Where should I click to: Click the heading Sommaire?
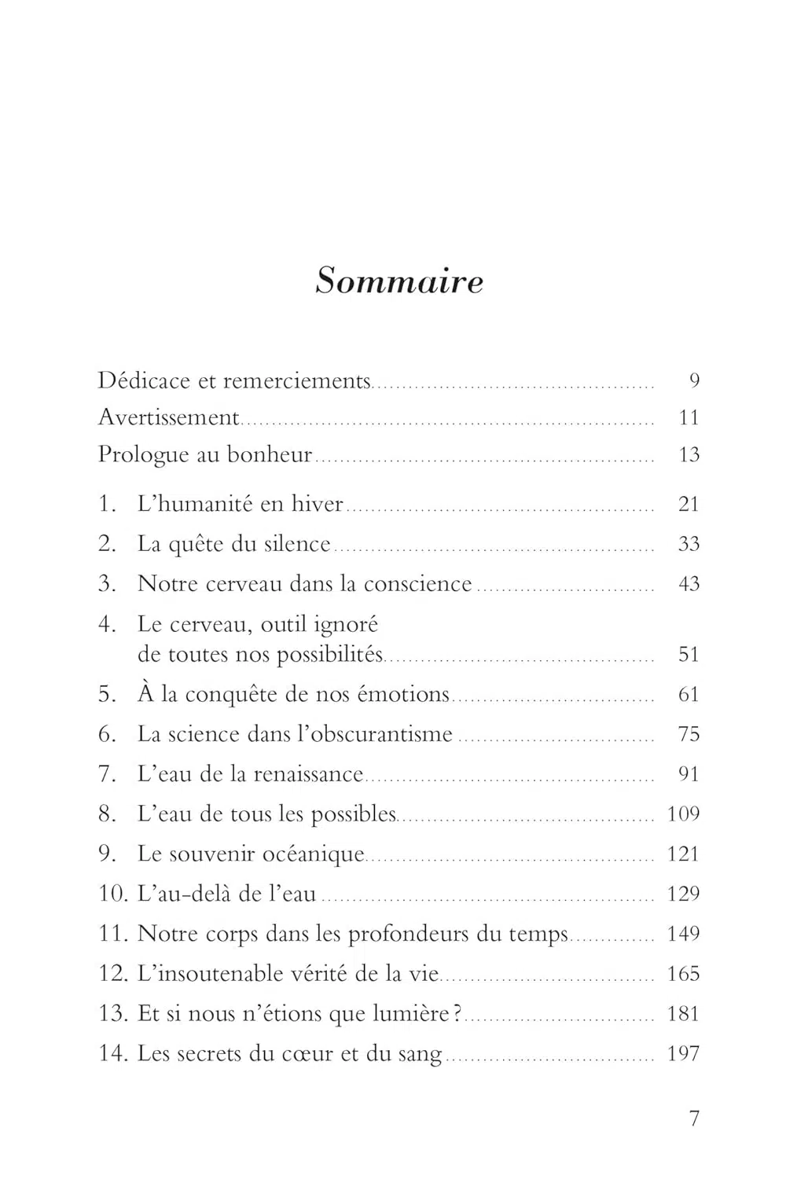click(x=399, y=281)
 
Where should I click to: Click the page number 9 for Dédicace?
click(x=694, y=381)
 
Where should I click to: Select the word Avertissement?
click(x=168, y=417)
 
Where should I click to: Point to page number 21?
click(x=689, y=504)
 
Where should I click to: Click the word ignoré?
click(x=346, y=625)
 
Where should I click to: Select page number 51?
click(x=689, y=655)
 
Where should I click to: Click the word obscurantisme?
click(x=375, y=734)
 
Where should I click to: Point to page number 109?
click(x=683, y=814)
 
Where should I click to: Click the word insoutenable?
click(x=210, y=975)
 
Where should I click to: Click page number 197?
click(x=683, y=1054)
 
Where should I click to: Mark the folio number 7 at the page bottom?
click(x=694, y=1118)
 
